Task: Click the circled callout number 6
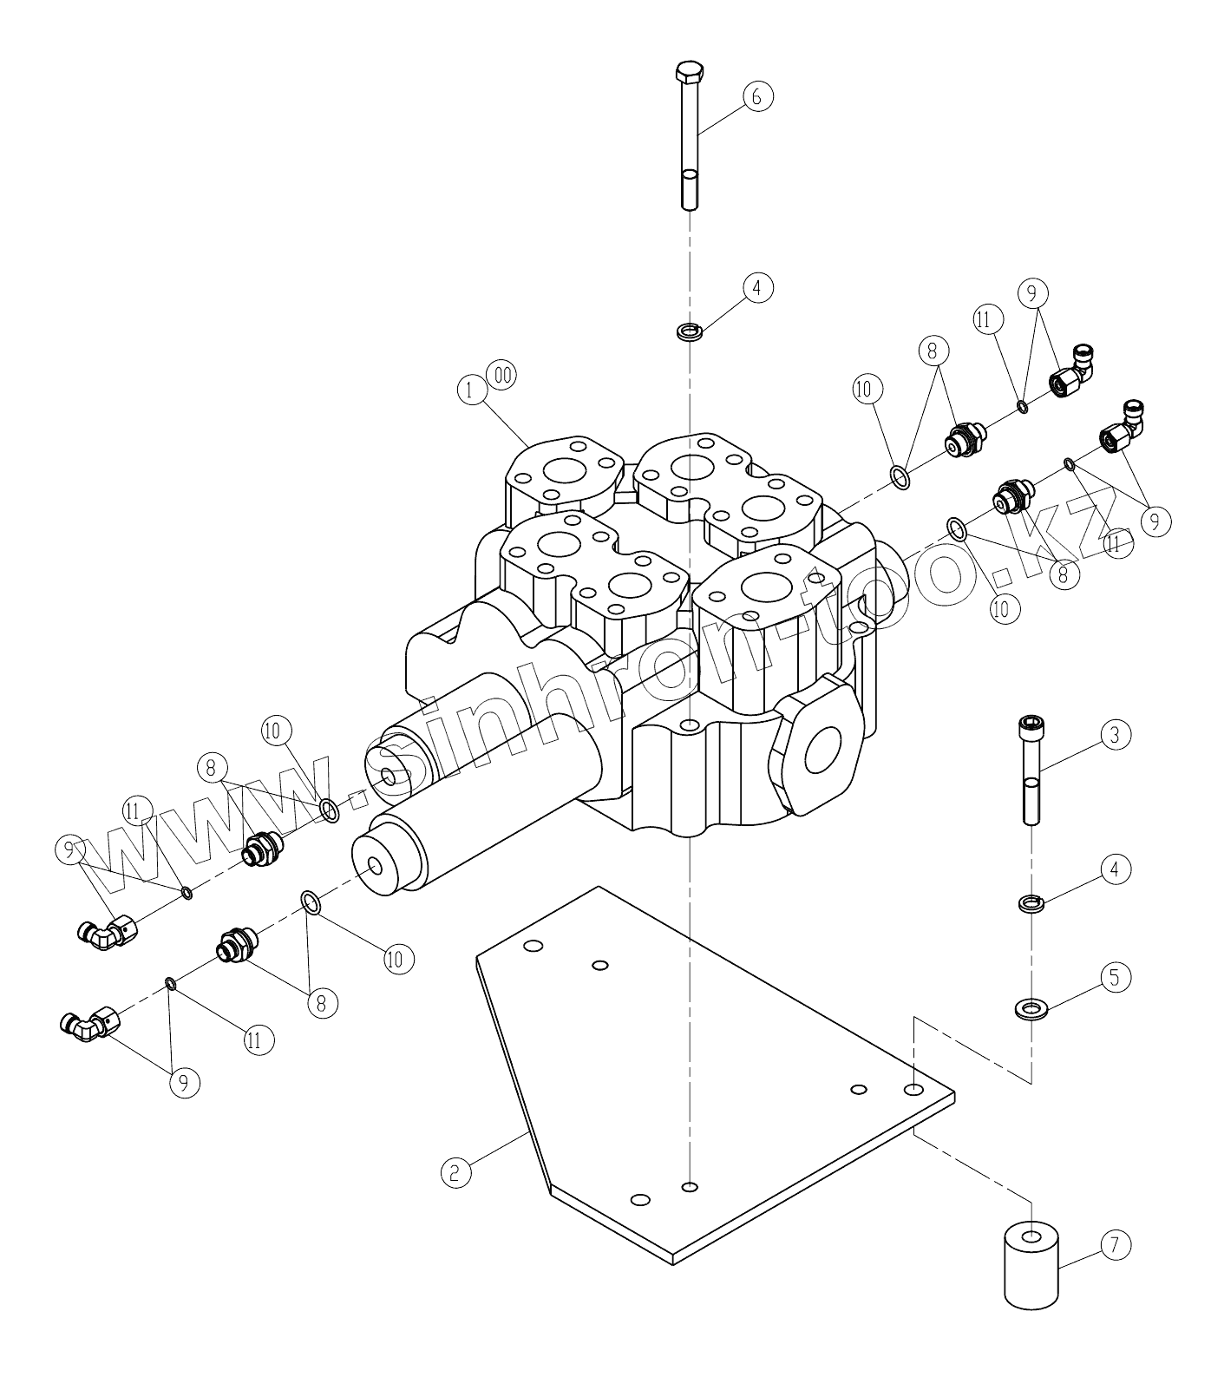[756, 96]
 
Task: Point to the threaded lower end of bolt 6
[690, 189]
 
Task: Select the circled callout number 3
[1116, 735]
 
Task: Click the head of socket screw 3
[1031, 725]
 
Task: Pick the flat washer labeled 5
[1031, 1008]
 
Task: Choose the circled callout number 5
[1116, 978]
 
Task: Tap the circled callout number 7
[1116, 1246]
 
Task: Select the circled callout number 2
[455, 1173]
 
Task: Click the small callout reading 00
[501, 375]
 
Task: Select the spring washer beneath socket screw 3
[1031, 903]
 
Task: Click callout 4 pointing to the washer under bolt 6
[757, 287]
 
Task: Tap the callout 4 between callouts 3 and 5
[1116, 869]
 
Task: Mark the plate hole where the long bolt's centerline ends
[690, 1186]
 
